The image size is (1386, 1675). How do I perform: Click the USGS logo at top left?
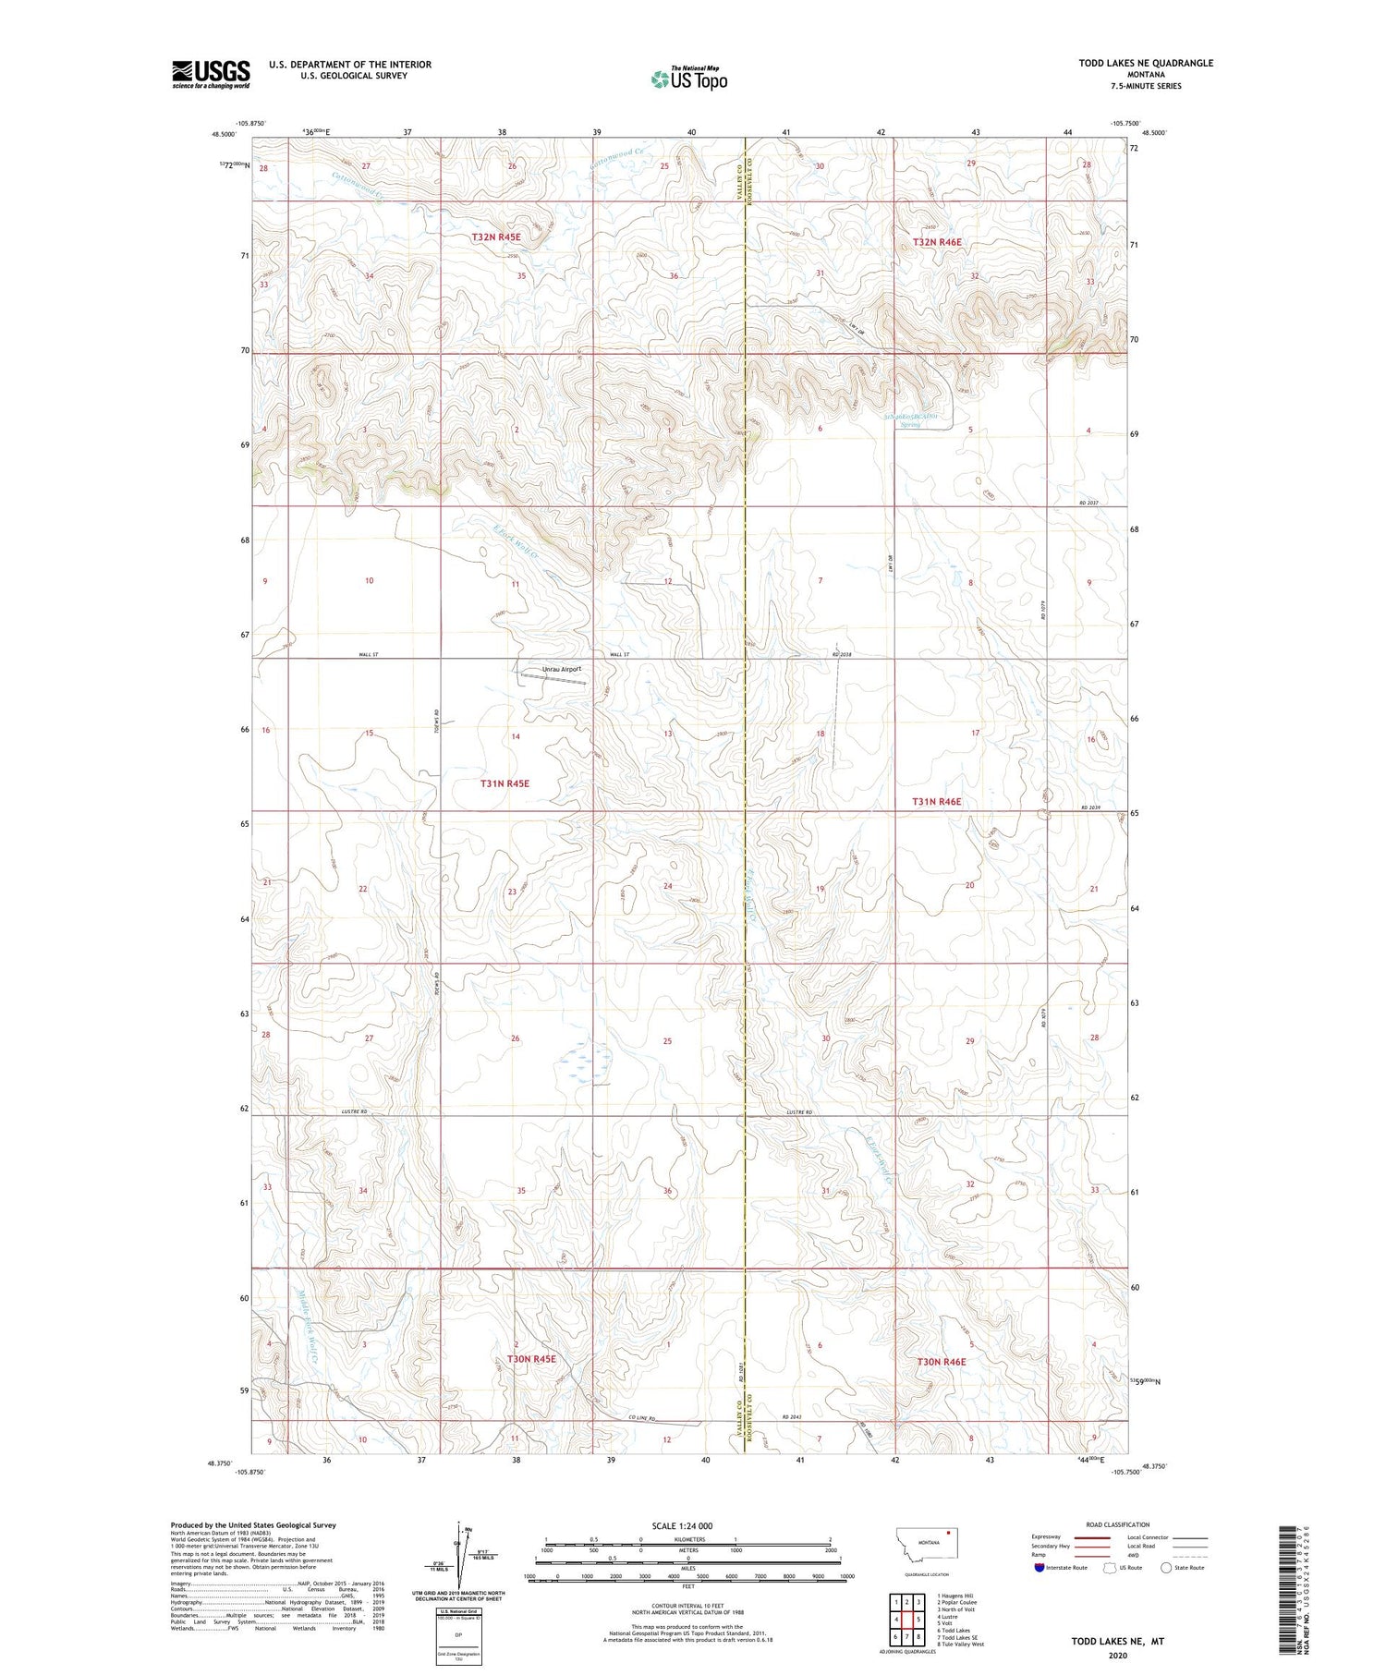coord(211,74)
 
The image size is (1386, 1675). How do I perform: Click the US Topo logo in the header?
coord(688,79)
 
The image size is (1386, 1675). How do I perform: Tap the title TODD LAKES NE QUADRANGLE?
coord(1146,63)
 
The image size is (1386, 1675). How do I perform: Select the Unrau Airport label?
coord(562,669)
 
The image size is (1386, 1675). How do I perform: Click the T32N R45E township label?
coord(496,237)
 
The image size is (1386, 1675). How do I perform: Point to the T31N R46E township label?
coord(936,802)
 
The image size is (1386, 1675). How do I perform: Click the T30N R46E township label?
coord(941,1362)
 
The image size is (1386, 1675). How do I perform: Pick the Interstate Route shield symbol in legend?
coord(1039,1567)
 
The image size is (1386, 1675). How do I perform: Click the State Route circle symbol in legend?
coord(1166,1567)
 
